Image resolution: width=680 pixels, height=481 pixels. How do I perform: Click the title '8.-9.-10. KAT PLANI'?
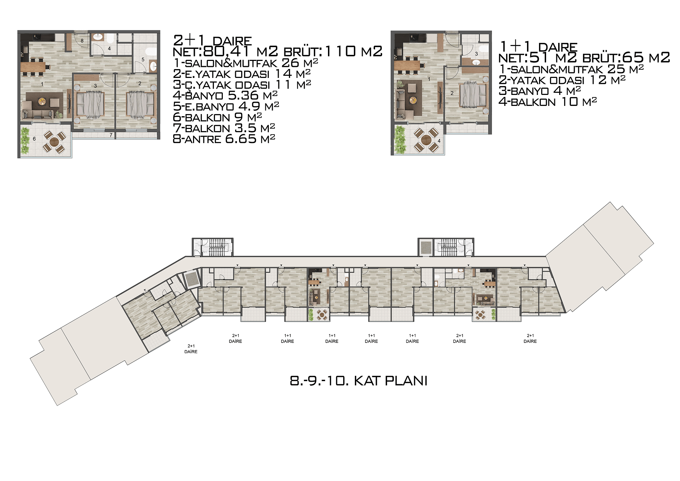coord(358,381)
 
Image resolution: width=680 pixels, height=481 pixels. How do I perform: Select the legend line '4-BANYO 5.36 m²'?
coord(225,95)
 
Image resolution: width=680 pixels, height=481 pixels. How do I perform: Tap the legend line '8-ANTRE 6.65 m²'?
coord(224,139)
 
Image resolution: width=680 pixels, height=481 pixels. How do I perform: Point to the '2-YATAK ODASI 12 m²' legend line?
coord(562,80)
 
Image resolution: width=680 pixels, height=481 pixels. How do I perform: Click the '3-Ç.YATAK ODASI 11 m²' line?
coord(242,85)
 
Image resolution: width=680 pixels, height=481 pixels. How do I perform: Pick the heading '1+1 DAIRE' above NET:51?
coord(538,47)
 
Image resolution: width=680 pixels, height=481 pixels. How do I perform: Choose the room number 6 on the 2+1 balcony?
coord(34,139)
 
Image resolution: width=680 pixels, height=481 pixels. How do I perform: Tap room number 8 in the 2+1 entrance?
coord(82,41)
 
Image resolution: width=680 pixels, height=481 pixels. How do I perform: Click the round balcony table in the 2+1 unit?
coord(54,142)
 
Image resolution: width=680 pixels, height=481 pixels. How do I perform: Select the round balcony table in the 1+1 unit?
coord(426,140)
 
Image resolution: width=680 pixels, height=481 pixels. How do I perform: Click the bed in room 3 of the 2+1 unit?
coord(90,104)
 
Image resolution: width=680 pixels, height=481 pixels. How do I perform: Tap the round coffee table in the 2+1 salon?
coord(42,101)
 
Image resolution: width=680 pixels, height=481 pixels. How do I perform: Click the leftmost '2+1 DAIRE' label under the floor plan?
coord(191,349)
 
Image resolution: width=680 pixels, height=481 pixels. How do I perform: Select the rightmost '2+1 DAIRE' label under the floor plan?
coord(530,338)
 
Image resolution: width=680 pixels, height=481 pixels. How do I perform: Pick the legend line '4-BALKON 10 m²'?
coord(548,102)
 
